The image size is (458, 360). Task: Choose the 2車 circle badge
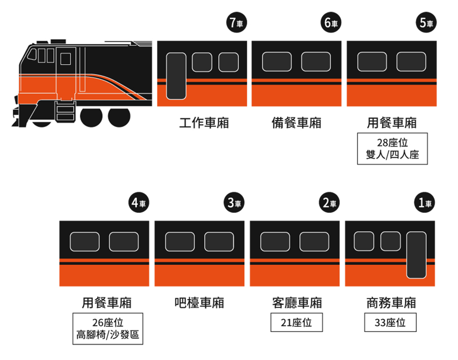tap(329, 203)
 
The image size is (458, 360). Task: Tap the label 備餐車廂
tap(297, 123)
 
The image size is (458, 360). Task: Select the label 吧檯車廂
tap(200, 302)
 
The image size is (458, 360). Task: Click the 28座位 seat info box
tap(392, 149)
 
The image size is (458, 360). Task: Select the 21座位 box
tap(296, 323)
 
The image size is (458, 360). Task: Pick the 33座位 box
tap(390, 323)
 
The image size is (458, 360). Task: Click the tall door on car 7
tap(176, 76)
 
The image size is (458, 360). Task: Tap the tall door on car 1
tap(416, 255)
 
